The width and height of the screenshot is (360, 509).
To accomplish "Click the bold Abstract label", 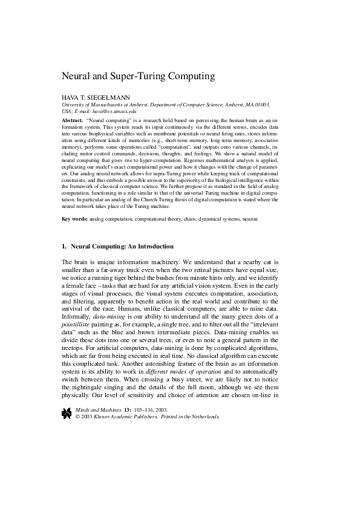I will pos(73,121).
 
